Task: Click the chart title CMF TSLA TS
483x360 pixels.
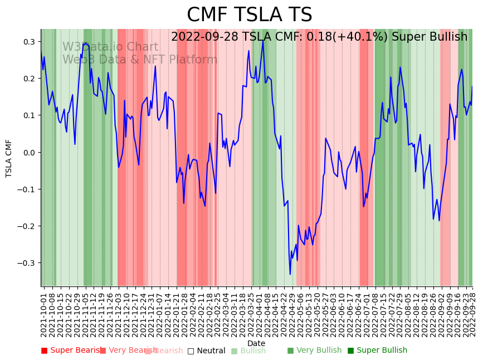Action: (249, 15)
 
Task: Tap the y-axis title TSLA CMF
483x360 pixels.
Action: (9, 158)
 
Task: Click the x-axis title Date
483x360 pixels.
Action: (256, 343)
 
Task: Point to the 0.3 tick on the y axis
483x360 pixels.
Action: (29, 42)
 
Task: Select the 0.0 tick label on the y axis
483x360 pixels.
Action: (29, 152)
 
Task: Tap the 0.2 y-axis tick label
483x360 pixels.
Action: (29, 79)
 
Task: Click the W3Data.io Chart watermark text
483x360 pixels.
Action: (110, 47)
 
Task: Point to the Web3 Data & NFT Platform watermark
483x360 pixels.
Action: (140, 60)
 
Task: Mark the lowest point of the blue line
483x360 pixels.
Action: (290, 274)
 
